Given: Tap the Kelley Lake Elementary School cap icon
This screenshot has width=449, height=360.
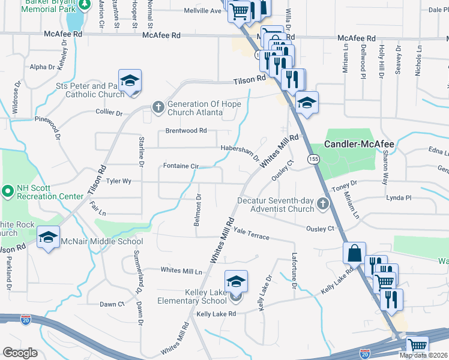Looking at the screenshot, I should pyautogui.click(x=237, y=281).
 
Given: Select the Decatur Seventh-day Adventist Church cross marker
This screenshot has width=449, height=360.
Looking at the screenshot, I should pyautogui.click(x=323, y=205).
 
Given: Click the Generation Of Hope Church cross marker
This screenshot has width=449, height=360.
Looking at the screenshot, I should pyautogui.click(x=158, y=108).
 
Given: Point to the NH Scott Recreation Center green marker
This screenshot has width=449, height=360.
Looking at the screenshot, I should pyautogui.click(x=7, y=192).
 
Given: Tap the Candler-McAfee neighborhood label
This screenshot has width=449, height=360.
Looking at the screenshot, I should pyautogui.click(x=360, y=145).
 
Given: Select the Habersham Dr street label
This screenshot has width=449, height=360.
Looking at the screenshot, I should pyautogui.click(x=240, y=154).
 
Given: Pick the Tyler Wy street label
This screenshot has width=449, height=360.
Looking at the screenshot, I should pyautogui.click(x=118, y=180).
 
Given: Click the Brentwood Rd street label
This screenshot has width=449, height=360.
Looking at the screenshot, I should pyautogui.click(x=186, y=130).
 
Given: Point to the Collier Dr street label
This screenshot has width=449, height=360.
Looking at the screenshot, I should pyautogui.click(x=109, y=112).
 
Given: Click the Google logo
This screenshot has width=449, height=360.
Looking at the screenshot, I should pyautogui.click(x=20, y=352).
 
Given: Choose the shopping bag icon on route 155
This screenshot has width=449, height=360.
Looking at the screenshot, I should pyautogui.click(x=354, y=253).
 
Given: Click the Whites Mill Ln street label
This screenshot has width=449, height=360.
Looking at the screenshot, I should pyautogui.click(x=181, y=271).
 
